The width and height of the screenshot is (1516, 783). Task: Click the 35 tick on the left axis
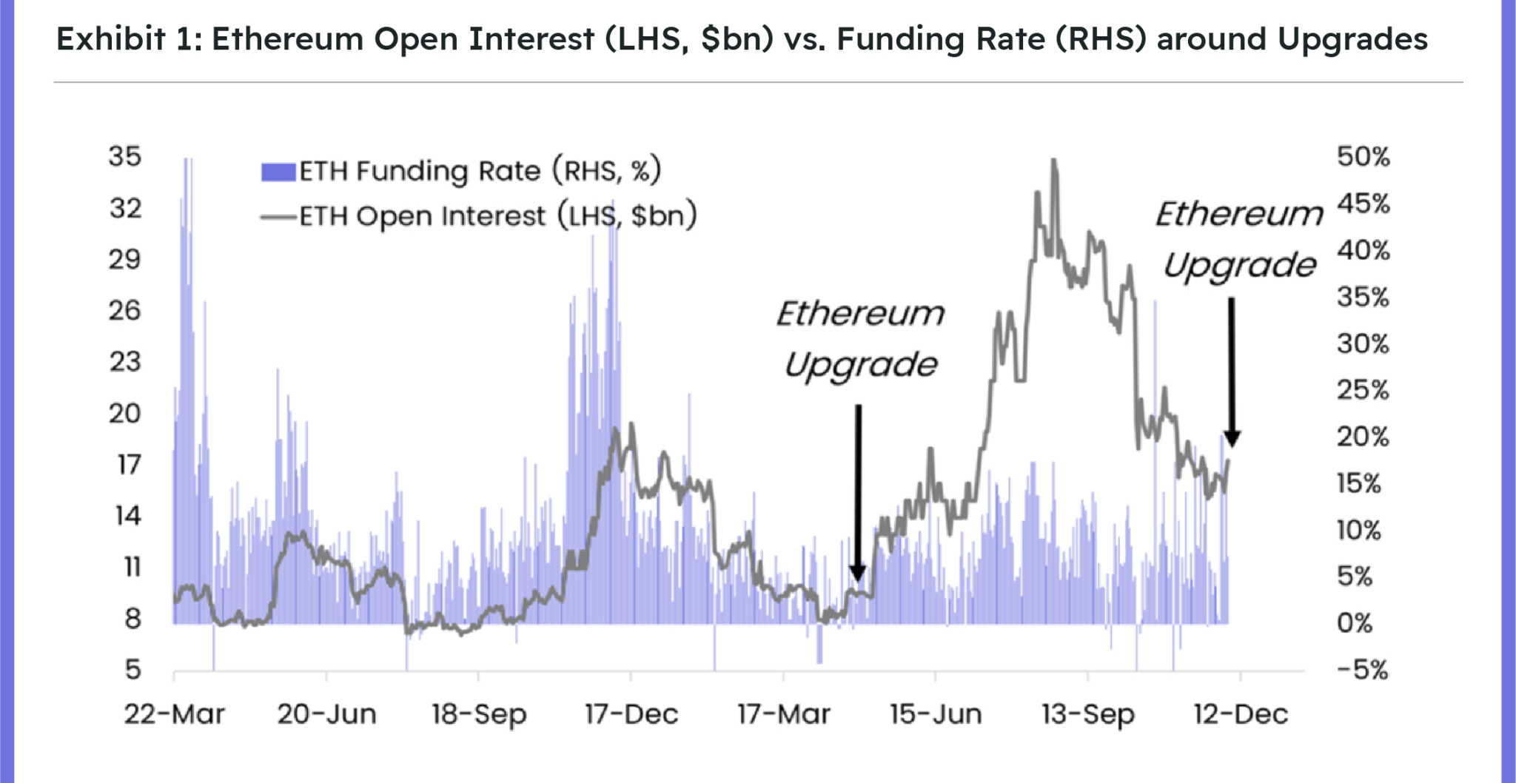124,156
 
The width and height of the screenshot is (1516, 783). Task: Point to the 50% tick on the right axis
1363,156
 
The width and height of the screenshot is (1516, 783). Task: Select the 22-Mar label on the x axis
174,714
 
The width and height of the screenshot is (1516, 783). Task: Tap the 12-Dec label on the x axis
1241,714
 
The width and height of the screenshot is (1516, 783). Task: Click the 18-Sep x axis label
479,714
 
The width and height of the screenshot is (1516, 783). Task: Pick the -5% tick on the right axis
1362,670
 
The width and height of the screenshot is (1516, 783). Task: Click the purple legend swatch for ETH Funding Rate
278,172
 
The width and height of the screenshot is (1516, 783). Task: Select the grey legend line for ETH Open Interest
278,217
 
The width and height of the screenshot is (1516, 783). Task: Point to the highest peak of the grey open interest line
1053,161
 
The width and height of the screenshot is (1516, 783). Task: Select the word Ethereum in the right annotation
1239,214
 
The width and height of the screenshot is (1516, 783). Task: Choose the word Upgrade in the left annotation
860,365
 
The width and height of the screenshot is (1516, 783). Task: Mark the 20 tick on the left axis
124,413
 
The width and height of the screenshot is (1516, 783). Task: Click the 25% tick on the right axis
1363,390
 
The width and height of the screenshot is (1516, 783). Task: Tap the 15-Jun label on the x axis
936,714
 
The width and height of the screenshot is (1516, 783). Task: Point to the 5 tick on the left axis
132,670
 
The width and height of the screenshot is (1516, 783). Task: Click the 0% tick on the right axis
1355,623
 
